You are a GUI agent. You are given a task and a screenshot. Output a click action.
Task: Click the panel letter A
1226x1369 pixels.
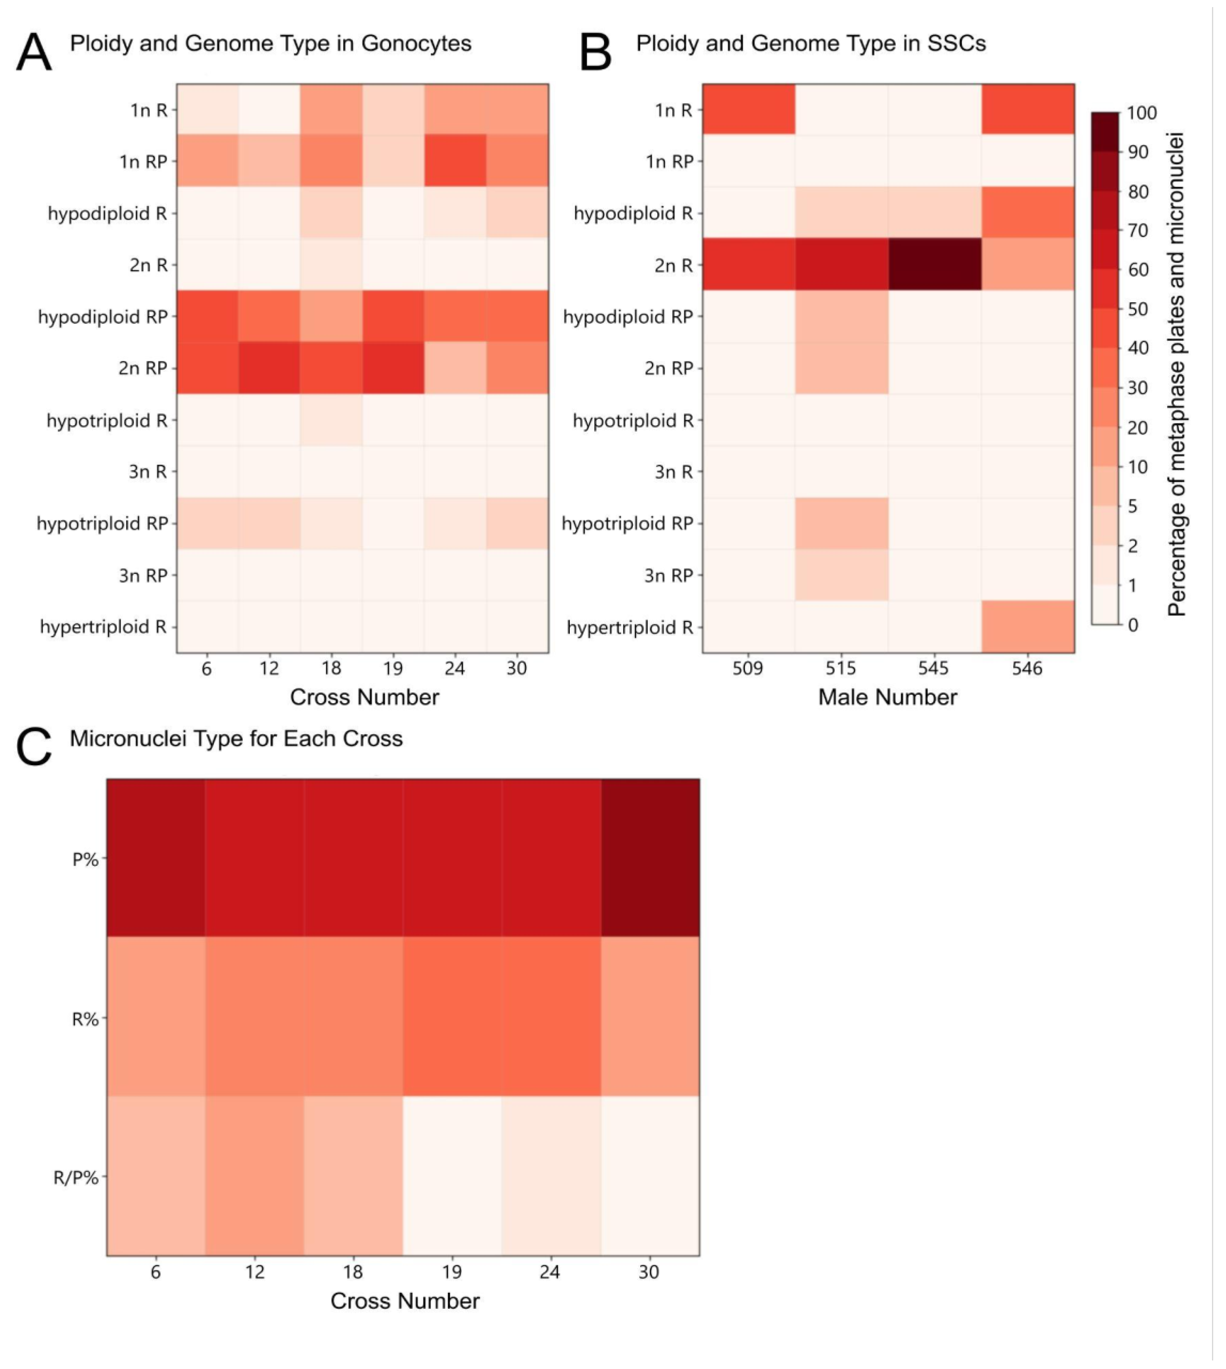[34, 53]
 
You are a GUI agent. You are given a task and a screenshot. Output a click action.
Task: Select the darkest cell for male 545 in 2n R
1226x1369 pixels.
[934, 265]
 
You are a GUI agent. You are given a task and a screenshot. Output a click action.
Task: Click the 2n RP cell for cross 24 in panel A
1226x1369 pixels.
[455, 368]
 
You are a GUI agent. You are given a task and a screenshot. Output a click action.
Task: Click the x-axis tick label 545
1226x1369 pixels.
[934, 668]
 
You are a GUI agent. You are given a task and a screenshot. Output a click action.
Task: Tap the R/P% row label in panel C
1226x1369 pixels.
[76, 1178]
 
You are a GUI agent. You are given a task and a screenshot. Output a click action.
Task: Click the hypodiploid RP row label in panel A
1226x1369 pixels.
[103, 317]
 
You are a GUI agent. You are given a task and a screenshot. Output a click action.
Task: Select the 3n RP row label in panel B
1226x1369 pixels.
[669, 576]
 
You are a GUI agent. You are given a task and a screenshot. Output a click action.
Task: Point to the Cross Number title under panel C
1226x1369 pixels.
[405, 1301]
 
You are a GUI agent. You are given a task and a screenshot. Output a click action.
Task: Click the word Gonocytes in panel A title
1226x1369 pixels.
[416, 44]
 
